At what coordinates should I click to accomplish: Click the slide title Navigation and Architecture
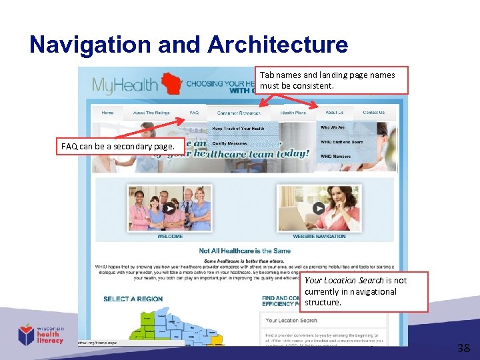(189, 45)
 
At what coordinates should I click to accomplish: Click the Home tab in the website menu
(107, 113)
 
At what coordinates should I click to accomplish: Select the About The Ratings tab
(151, 113)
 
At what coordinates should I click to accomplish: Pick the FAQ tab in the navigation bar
(194, 113)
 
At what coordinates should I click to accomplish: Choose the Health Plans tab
(293, 113)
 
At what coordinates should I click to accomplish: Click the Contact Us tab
(373, 113)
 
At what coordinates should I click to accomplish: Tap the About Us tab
(335, 113)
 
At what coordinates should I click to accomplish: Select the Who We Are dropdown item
(333, 127)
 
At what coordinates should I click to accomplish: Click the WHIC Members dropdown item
(335, 157)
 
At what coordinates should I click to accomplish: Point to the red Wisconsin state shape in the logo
(171, 84)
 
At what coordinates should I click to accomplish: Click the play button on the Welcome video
(169, 208)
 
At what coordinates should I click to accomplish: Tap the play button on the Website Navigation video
(319, 208)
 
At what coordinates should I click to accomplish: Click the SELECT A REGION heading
(133, 299)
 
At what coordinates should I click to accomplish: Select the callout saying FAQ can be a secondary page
(117, 146)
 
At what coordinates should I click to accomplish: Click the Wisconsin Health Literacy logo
(41, 334)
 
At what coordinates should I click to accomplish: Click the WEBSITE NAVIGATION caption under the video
(319, 236)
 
